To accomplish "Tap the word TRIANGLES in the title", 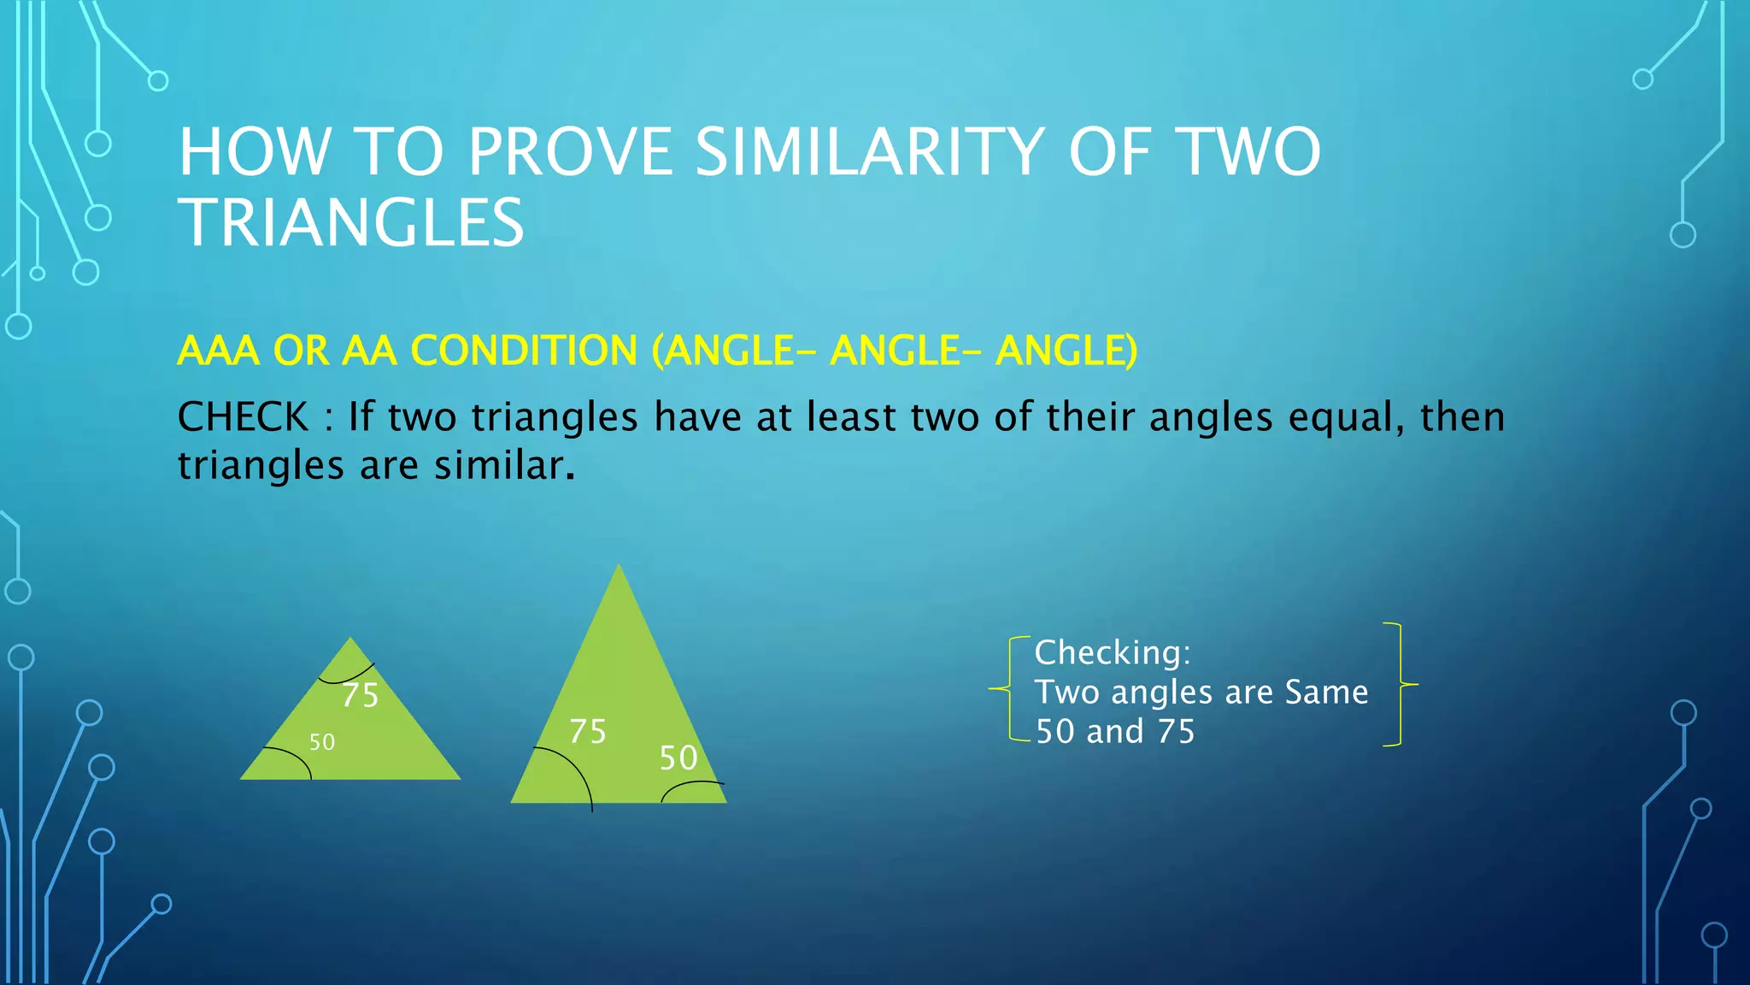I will (351, 222).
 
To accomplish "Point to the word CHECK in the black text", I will (243, 417).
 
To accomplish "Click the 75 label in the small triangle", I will (360, 695).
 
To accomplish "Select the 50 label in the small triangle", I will (322, 742).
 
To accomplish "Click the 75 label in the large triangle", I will (588, 732).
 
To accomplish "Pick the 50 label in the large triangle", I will (678, 758).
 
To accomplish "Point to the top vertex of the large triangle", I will (619, 566).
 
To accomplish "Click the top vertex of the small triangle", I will (350, 639).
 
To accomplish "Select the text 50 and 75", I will (1115, 732).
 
